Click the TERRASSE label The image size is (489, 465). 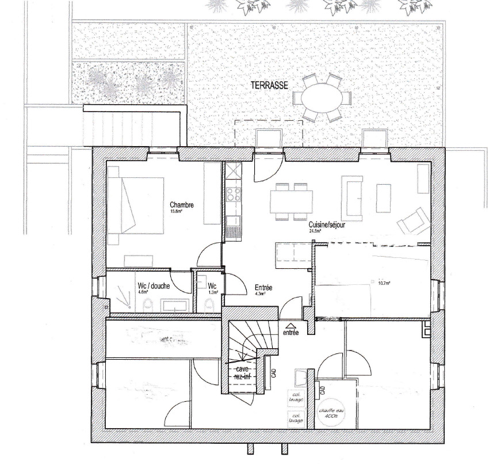pos(269,85)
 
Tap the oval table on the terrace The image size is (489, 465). pos(322,97)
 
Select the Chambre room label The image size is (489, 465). pos(181,205)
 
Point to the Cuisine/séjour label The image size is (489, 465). pos(327,225)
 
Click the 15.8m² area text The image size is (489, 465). pos(175,212)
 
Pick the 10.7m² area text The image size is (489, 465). pos(384,283)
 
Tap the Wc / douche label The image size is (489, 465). pos(152,285)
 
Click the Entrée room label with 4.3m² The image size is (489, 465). pos(263,287)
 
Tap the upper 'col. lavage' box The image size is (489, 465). pos(297,397)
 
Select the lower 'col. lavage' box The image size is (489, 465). pos(297,418)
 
